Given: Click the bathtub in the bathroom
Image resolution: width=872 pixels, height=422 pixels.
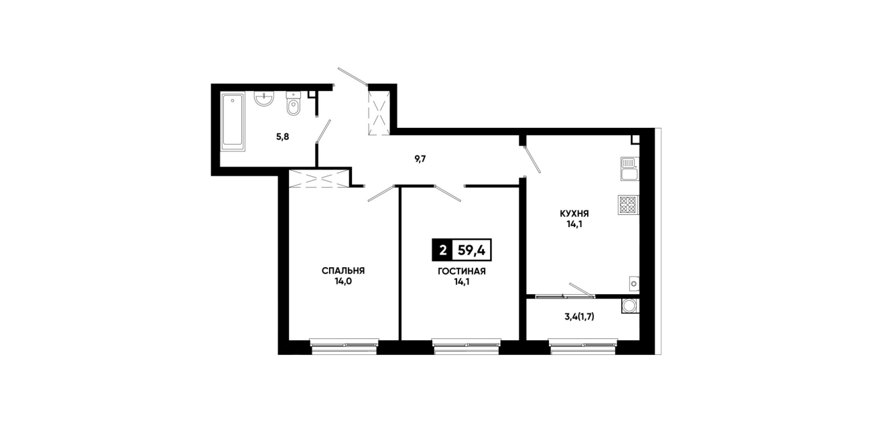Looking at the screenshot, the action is tap(233, 121).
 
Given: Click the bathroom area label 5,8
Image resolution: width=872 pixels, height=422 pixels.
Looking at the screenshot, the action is tap(283, 137).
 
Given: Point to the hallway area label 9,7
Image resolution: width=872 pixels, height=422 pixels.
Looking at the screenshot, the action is tap(420, 159).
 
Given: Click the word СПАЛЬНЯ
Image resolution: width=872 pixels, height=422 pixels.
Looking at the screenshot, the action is tap(343, 271).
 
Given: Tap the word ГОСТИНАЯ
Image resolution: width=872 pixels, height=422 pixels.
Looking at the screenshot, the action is tap(462, 271).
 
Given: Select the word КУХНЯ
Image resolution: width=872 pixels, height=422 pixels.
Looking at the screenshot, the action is tap(574, 214).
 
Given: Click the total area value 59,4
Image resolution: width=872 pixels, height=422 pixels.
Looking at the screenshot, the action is tap(471, 250).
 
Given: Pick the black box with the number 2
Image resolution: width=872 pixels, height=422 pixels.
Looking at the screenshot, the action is tap(442, 250).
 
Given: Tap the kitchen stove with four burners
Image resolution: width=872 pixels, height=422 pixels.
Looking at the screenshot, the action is tap(628, 204).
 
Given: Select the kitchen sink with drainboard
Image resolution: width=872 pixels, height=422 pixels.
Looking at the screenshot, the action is tap(629, 169).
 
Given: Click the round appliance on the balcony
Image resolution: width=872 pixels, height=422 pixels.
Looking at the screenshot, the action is tap(629, 305).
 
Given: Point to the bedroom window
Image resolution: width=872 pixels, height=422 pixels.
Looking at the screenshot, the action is tap(344, 346).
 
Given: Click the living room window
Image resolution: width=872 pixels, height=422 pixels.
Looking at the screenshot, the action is tap(466, 346).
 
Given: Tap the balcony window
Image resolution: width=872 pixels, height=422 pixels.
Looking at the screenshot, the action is tap(582, 346).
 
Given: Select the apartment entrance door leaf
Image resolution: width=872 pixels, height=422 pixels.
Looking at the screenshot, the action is tap(353, 76).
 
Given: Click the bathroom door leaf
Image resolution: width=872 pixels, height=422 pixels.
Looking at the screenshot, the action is tap(324, 131).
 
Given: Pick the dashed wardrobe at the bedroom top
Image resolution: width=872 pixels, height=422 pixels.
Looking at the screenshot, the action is tap(319, 179).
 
